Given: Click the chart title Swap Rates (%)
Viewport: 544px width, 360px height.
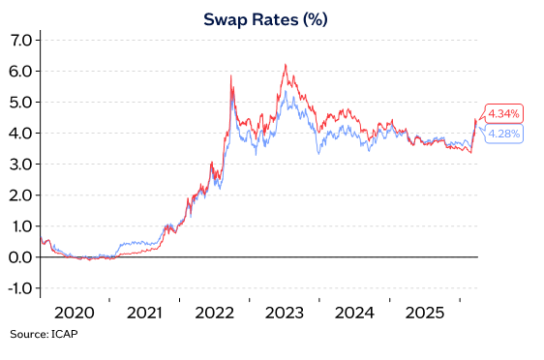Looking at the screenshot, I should pyautogui.click(x=272, y=18).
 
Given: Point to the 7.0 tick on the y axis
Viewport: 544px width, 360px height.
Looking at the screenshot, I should pyautogui.click(x=21, y=40).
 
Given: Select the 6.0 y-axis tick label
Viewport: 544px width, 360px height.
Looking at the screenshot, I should pyautogui.click(x=21, y=71).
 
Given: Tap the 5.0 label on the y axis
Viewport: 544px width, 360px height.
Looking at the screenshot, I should pyautogui.click(x=21, y=102).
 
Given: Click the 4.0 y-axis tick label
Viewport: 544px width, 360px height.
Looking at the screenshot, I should pyautogui.click(x=21, y=133).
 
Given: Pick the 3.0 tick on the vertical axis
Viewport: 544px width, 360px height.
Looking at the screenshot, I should pyautogui.click(x=21, y=164).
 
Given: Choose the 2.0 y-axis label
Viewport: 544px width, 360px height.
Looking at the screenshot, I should pyautogui.click(x=21, y=195).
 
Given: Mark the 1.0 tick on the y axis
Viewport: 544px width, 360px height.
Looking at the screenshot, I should pyautogui.click(x=21, y=225).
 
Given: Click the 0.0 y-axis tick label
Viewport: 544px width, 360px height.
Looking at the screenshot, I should pyautogui.click(x=21, y=256).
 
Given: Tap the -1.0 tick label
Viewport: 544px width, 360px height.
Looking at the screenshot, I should pyautogui.click(x=19, y=287).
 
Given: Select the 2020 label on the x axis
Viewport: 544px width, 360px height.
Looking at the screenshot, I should pyautogui.click(x=75, y=314).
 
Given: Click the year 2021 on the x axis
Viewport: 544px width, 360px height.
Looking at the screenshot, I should pyautogui.click(x=144, y=314).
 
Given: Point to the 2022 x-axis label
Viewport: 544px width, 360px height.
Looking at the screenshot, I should pyautogui.click(x=214, y=314).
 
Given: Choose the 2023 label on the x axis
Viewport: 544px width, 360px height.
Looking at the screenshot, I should pyautogui.click(x=284, y=314).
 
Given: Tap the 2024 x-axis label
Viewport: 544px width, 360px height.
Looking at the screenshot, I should pyautogui.click(x=353, y=314).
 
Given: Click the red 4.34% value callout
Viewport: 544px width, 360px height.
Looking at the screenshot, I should pyautogui.click(x=503, y=113).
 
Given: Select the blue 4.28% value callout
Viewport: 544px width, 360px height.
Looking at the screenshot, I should pyautogui.click(x=503, y=133).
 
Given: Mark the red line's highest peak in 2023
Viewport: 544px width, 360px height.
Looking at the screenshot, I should pyautogui.click(x=285, y=65).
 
